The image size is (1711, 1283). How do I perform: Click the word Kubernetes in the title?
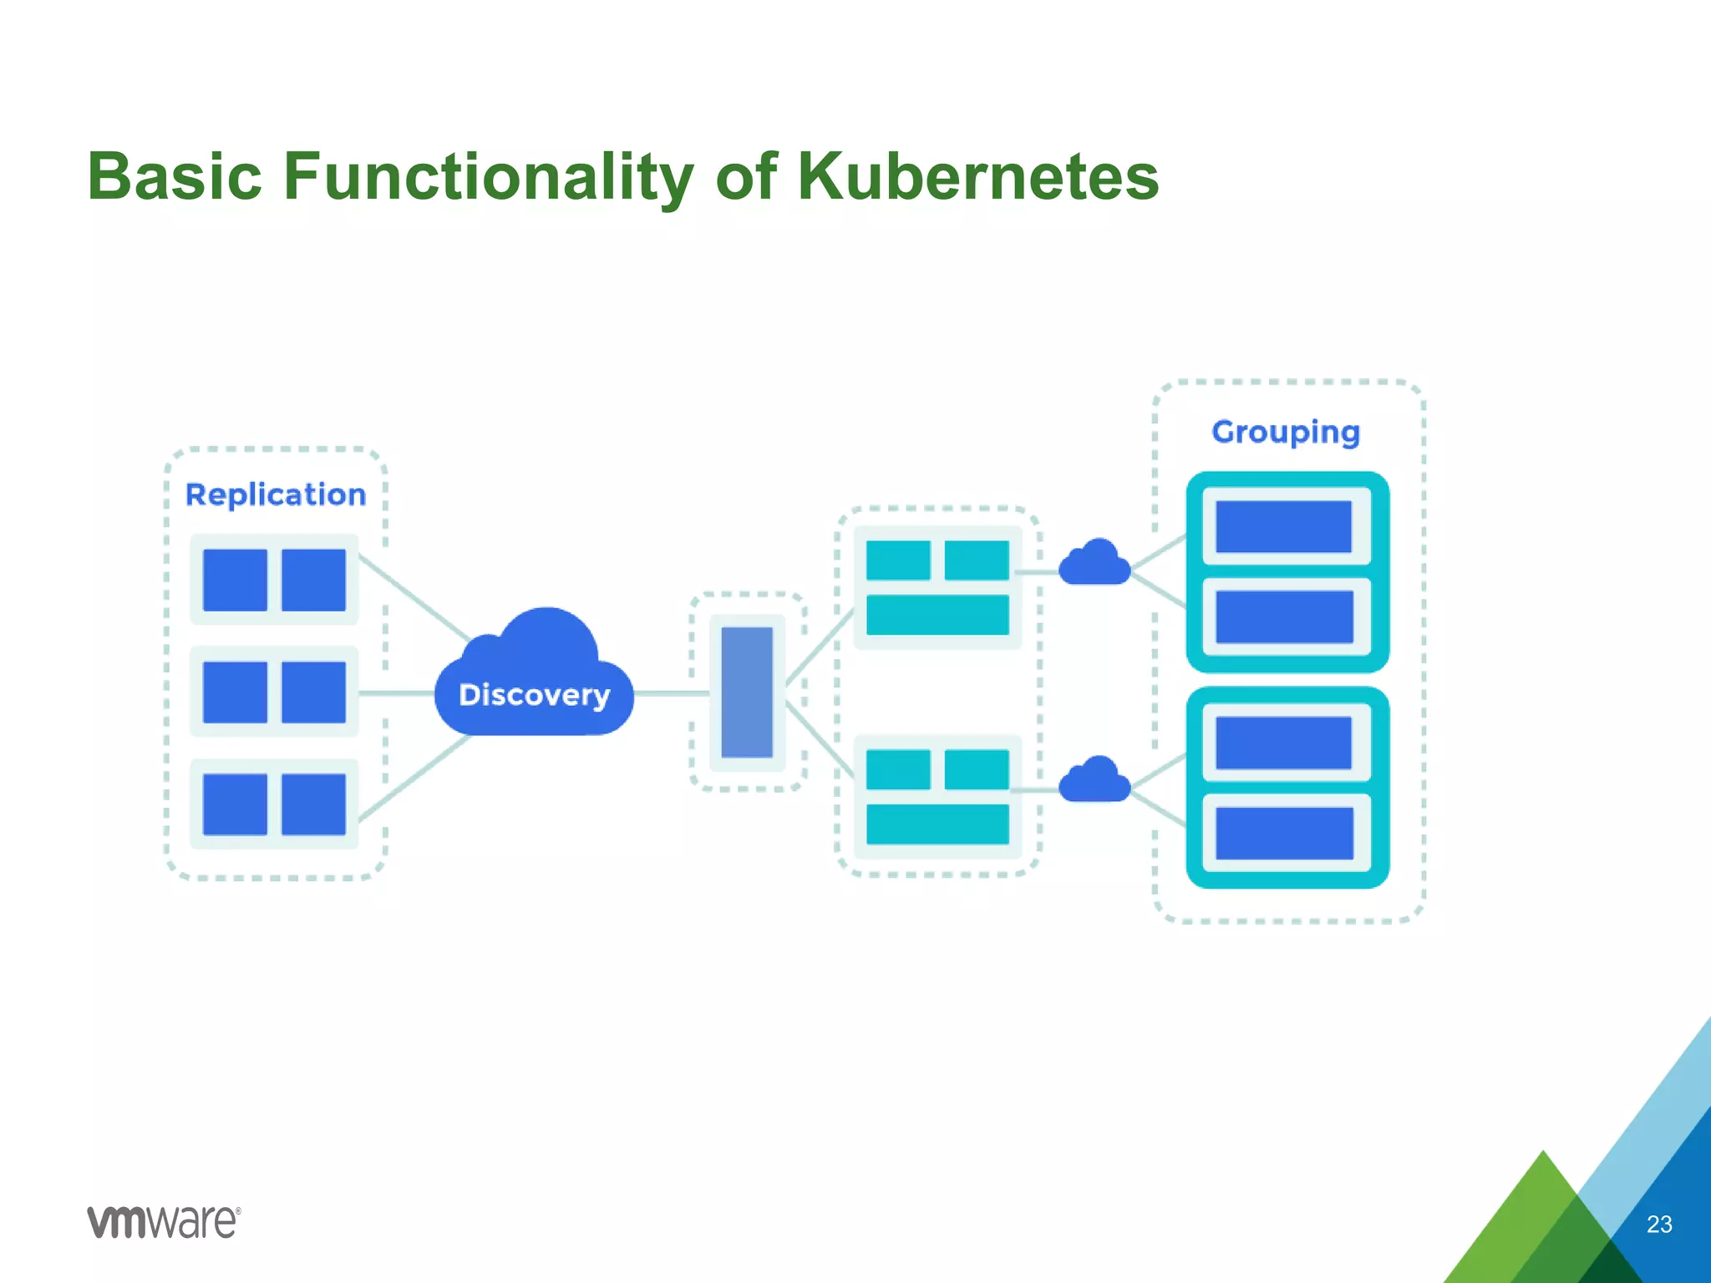tap(977, 176)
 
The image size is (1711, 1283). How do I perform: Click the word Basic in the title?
tap(175, 176)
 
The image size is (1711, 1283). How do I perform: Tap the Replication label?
tap(276, 494)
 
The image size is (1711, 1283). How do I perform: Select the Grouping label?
tap(1286, 432)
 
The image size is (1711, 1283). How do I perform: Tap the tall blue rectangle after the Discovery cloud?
tap(747, 692)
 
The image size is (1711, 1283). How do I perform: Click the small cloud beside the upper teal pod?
tap(1094, 564)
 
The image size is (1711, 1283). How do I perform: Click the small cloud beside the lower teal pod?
tap(1094, 781)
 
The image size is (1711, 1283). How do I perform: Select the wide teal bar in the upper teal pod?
tap(937, 615)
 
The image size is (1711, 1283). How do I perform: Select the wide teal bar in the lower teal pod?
tap(937, 824)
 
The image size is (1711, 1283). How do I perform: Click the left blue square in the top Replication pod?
tap(235, 580)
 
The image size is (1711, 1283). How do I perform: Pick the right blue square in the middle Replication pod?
tap(313, 692)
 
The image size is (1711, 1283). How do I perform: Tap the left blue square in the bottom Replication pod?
tap(235, 804)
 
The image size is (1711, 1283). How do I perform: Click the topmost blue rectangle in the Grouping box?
tap(1283, 527)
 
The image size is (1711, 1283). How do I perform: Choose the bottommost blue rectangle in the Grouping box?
tap(1284, 833)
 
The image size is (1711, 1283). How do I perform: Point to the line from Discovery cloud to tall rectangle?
tap(672, 693)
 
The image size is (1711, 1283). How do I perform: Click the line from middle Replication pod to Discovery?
tap(397, 693)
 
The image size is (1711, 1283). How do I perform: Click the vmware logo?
tap(164, 1222)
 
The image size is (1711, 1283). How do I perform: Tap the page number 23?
tap(1659, 1225)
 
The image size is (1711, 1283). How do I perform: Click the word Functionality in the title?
tap(488, 176)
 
